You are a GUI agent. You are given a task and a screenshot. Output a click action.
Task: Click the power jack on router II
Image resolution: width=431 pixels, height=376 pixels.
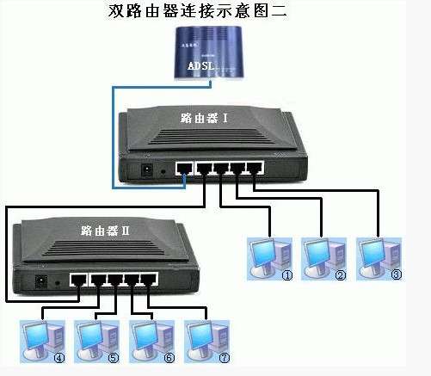pyautogui.click(x=40, y=280)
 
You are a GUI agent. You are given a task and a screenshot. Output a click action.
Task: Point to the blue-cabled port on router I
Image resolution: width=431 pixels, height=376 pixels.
pyautogui.click(x=183, y=169)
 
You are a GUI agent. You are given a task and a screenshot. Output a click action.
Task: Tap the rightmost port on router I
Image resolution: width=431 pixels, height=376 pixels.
pyautogui.click(x=255, y=169)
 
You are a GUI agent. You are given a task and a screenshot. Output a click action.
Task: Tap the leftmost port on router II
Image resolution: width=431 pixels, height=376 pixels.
pyautogui.click(x=78, y=279)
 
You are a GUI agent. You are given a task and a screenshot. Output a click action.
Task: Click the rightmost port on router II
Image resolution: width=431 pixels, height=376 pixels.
pyautogui.click(x=150, y=279)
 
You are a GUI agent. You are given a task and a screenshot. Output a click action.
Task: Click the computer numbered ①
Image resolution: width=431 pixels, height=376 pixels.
pyautogui.click(x=267, y=256)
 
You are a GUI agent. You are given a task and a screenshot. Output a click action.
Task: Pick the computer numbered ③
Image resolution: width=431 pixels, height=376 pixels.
pyautogui.click(x=376, y=256)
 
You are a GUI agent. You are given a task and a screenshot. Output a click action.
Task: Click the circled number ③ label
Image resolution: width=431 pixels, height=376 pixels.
pyautogui.click(x=396, y=276)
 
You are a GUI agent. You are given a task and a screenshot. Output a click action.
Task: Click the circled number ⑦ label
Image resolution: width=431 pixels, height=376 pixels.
pyautogui.click(x=225, y=357)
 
